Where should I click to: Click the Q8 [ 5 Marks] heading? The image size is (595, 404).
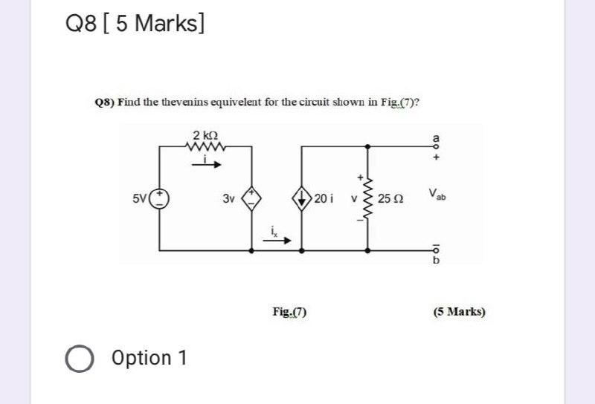pyautogui.click(x=135, y=25)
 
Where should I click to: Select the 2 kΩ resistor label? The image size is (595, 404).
pyautogui.click(x=205, y=135)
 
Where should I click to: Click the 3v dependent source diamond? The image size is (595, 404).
pyautogui.click(x=252, y=198)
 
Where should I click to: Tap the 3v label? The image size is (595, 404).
pyautogui.click(x=228, y=199)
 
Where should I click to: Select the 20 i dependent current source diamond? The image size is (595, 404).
pyautogui.click(x=302, y=198)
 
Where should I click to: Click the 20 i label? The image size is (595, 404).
pyautogui.click(x=324, y=198)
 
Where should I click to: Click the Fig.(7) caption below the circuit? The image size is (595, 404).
pyautogui.click(x=290, y=312)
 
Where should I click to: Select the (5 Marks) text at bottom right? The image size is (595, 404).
pyautogui.click(x=459, y=312)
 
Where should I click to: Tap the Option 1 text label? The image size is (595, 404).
pyautogui.click(x=149, y=358)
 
